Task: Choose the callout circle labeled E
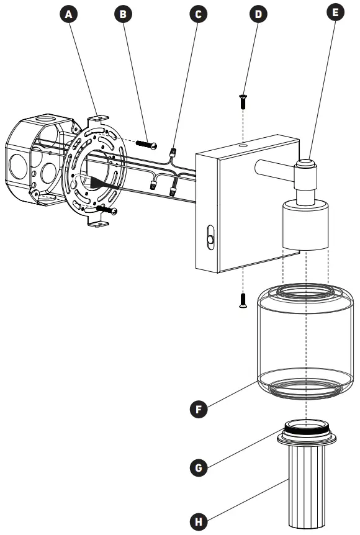pos(335,13)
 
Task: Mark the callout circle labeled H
pos(198,520)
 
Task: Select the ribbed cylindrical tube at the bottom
pos(307,487)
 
